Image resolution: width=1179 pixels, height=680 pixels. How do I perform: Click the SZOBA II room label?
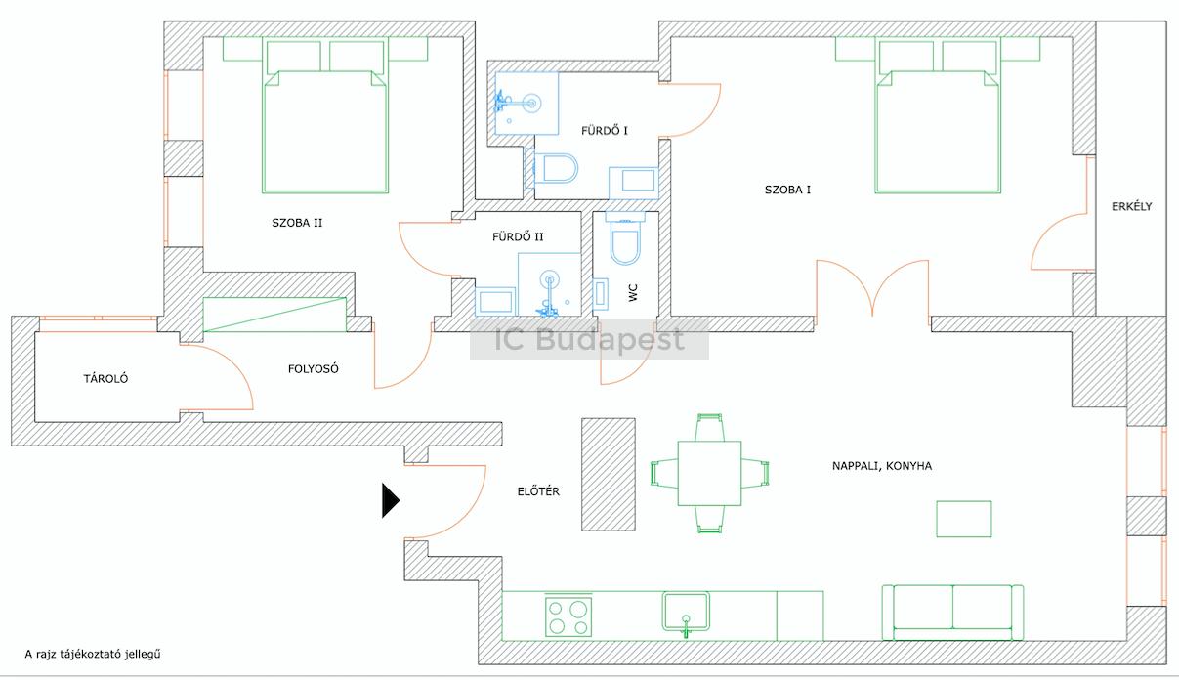[297, 223]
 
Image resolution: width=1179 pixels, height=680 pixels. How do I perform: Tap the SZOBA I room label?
[787, 190]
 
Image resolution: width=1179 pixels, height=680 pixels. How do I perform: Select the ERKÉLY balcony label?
[1131, 206]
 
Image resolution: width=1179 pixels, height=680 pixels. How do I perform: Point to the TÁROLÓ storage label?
[105, 378]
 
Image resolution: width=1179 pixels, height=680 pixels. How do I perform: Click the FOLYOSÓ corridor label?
[314, 369]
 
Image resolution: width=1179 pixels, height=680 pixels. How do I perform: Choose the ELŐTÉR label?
[538, 491]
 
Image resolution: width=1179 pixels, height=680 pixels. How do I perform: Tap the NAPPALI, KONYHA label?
[882, 466]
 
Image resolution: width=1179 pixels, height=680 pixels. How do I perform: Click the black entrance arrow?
[390, 500]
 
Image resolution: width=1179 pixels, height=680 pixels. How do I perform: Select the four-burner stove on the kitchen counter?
[568, 616]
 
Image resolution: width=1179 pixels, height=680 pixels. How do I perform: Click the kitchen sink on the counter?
[686, 613]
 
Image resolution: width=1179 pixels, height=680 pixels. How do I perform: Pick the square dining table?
[709, 473]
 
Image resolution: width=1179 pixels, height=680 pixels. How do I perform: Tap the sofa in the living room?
[952, 613]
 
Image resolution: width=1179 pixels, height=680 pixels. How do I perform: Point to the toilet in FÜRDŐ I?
[552, 168]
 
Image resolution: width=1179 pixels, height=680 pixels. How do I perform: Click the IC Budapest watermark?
[589, 339]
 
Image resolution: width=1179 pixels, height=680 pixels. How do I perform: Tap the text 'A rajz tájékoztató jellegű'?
[93, 654]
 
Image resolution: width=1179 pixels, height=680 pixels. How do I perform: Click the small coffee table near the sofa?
[964, 519]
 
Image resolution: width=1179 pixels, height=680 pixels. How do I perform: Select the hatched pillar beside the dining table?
[608, 474]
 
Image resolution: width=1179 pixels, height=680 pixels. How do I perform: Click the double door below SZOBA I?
[872, 288]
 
